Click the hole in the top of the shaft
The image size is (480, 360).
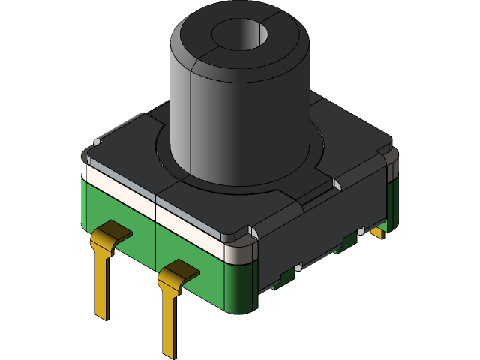coord(238,34)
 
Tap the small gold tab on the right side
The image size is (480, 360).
coord(377,232)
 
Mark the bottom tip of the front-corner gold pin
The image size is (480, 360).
coord(170,353)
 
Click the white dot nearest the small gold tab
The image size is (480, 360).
coord(361,232)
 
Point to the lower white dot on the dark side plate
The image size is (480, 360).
coord(298,266)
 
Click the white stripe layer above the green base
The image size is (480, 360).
coord(150,210)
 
